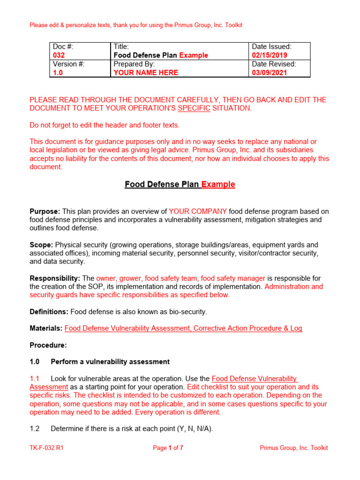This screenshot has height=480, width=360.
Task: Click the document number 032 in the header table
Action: point(59,55)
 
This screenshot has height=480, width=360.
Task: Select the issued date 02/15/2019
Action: point(270,55)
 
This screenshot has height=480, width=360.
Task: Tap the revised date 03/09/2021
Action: point(270,73)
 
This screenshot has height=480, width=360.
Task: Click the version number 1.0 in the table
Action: point(58,73)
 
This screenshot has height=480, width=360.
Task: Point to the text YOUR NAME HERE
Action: point(146,73)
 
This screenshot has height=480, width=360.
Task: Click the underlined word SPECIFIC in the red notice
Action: point(194,108)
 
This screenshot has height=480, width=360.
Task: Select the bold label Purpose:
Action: point(45,211)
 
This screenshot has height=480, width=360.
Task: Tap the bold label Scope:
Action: point(42,245)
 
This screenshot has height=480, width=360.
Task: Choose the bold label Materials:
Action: point(46,329)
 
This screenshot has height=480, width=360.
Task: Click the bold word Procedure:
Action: point(48,345)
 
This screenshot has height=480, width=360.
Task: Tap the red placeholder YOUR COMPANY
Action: point(198,211)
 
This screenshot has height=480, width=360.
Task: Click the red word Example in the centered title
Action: point(218,185)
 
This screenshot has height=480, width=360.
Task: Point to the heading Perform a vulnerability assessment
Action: point(110,362)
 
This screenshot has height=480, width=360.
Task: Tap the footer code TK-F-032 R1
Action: point(46,448)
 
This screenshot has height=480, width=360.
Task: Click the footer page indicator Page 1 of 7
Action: point(168,448)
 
